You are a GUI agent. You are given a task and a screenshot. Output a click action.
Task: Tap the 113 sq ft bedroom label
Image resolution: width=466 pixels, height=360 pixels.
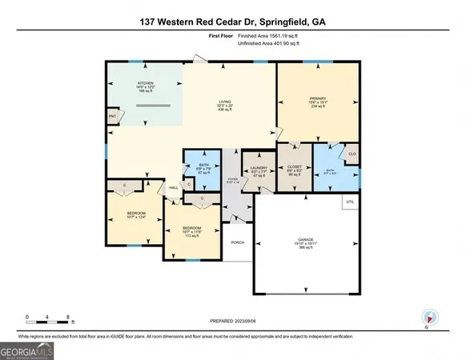coord(191,232)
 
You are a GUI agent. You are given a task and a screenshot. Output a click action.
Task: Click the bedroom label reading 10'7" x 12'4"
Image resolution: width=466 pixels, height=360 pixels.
coord(131,215)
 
